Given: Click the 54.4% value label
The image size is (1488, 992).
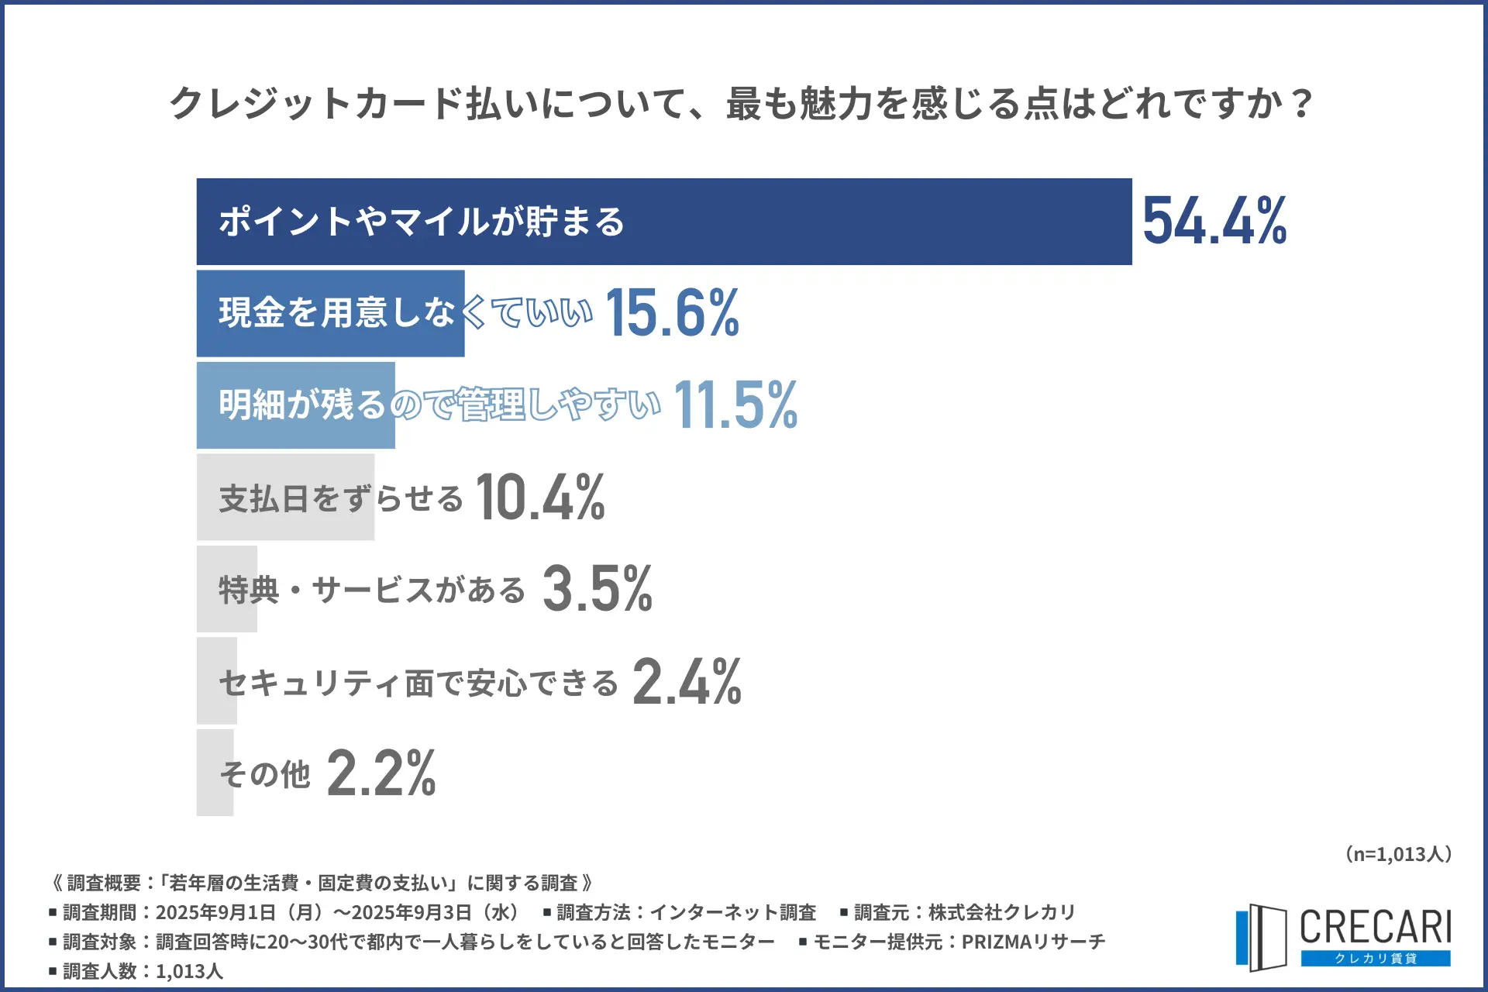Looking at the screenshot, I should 1214,222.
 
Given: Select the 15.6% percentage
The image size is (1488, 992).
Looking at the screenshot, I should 672,313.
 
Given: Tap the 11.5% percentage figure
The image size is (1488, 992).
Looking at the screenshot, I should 735,405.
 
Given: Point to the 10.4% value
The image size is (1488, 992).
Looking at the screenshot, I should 540,497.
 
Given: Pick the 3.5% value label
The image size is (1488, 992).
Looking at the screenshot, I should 597,588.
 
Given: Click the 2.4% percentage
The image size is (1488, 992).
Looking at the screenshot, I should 687,681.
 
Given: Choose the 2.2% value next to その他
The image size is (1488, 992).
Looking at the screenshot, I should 381,773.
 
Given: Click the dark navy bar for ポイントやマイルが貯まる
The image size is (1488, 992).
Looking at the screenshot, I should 852,222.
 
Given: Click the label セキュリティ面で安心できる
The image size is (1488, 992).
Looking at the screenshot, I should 418,683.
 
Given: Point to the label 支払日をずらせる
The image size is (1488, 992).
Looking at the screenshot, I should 341,498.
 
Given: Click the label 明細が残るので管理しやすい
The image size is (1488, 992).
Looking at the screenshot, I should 439,405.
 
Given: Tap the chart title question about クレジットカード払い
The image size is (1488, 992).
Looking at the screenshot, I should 741,103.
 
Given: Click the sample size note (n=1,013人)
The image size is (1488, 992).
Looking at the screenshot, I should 1397,854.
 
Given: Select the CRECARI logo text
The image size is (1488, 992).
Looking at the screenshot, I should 1375,927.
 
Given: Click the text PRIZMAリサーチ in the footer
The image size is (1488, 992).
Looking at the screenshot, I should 1033,942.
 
